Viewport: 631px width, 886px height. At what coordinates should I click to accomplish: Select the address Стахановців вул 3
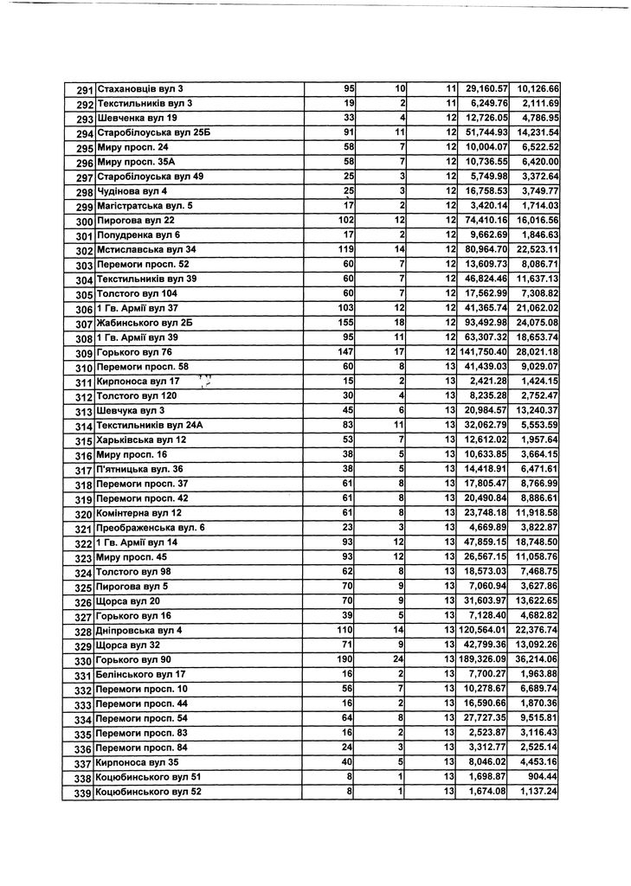tap(139, 89)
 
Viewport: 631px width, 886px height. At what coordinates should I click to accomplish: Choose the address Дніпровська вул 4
tap(139, 631)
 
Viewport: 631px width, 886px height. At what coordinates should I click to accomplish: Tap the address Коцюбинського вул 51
tap(148, 777)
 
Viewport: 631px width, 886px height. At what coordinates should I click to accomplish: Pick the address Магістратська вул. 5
tap(145, 206)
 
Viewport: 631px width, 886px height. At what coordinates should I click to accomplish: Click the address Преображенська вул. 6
tap(151, 528)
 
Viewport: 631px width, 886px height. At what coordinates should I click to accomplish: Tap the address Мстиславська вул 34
tap(145, 250)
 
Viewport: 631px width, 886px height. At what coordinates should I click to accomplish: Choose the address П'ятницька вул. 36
tap(140, 469)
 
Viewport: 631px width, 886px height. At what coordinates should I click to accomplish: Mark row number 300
tap(84, 221)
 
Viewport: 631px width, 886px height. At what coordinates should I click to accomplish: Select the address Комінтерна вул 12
tap(138, 513)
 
